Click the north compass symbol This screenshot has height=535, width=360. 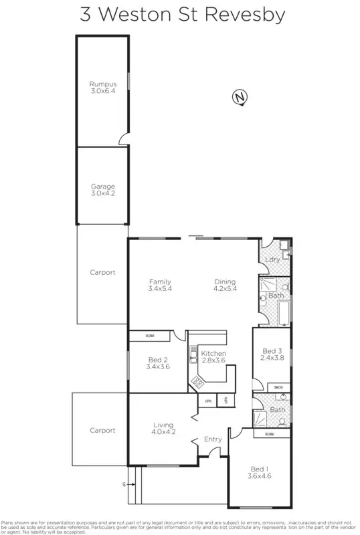pos(239,98)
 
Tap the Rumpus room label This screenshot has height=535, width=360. pos(102,87)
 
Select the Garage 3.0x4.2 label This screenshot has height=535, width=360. pos(103,190)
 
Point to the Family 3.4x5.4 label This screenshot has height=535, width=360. pos(160,285)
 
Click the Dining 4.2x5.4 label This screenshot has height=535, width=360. pos(225,285)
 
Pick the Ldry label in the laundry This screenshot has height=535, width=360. pos(272,259)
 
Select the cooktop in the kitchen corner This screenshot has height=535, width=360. pos(199,382)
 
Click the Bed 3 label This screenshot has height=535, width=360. pos(272,354)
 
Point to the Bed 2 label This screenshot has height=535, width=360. pos(158,362)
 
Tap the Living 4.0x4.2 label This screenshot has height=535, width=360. pos(163,428)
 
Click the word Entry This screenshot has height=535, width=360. pos(213,439)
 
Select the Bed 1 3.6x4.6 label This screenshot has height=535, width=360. pos(258,472)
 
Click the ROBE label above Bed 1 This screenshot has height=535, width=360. pos(269,434)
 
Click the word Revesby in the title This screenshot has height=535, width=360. pos(247,15)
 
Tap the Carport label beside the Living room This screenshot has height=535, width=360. pos(102,431)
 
